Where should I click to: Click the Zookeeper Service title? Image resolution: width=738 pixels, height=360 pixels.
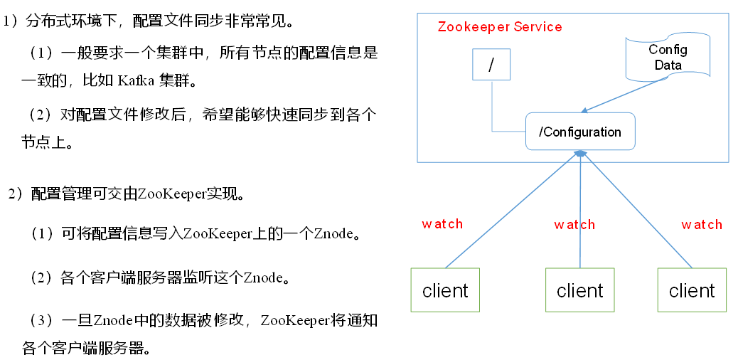click(x=499, y=27)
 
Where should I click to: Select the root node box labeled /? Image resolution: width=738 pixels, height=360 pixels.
click(x=491, y=63)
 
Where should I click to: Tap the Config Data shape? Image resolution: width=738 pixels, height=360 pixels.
click(x=667, y=58)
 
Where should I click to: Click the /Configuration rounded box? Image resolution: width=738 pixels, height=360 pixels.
click(x=580, y=132)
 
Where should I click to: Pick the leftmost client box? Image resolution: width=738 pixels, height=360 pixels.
click(x=445, y=290)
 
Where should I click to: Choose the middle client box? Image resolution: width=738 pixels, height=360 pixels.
click(x=579, y=290)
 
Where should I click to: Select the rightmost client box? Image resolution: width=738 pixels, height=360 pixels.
click(x=692, y=290)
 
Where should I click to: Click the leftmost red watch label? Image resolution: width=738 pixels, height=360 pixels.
click(x=442, y=224)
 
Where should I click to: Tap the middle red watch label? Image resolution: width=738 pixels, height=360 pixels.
click(x=574, y=225)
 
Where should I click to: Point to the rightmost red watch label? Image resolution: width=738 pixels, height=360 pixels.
click(x=702, y=225)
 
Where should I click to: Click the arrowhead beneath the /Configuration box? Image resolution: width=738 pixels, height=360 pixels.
click(x=581, y=154)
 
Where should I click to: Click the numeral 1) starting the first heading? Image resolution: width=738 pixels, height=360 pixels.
click(x=10, y=21)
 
